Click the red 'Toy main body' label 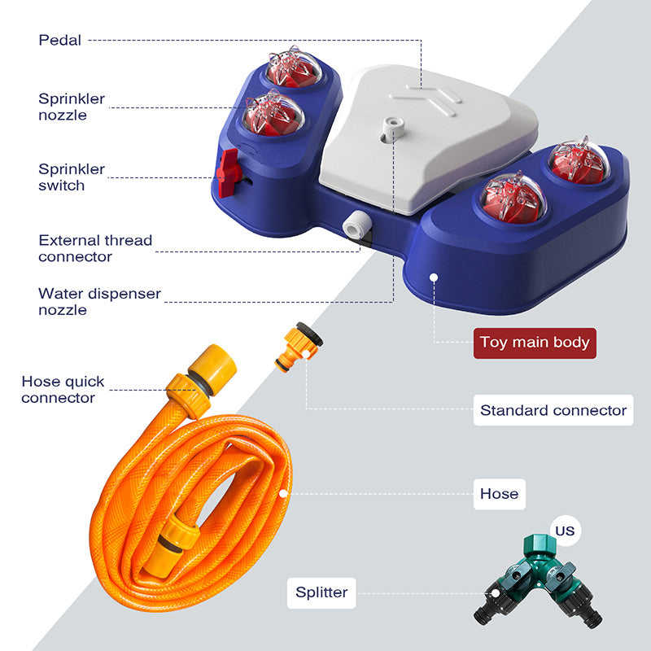click(535, 342)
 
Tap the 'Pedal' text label click(60, 39)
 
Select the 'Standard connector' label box click(553, 410)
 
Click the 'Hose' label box click(499, 493)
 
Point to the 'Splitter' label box click(321, 592)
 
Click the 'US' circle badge click(565, 531)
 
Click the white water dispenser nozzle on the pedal click(395, 125)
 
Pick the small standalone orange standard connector click(300, 347)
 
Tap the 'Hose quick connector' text click(63, 390)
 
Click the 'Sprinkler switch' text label click(72, 177)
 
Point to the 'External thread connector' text click(95, 248)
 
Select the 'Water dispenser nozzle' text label click(99, 301)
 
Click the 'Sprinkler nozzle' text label click(72, 107)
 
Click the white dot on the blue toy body click(435, 277)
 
